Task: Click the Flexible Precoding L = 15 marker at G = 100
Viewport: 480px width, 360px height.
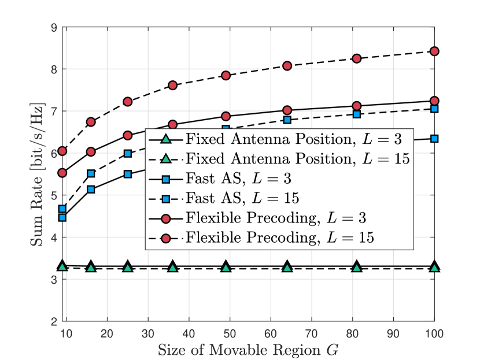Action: [x=434, y=51]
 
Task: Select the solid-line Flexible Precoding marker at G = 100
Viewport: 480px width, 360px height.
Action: [x=434, y=101]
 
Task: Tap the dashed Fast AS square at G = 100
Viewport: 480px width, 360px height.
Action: [x=434, y=109]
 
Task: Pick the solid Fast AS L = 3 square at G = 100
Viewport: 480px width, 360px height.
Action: [x=434, y=139]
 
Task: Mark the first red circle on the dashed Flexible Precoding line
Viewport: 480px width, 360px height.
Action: [x=62, y=151]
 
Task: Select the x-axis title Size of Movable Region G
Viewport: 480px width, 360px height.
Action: [x=248, y=350]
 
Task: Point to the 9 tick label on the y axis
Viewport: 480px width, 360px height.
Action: [x=53, y=27]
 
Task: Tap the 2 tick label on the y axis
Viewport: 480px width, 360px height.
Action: [x=53, y=321]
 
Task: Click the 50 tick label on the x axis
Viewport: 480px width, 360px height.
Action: [x=230, y=333]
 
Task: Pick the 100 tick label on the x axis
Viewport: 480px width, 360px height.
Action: [x=434, y=333]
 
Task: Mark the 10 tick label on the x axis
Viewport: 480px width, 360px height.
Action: [x=67, y=333]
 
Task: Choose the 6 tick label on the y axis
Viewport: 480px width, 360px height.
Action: [x=53, y=153]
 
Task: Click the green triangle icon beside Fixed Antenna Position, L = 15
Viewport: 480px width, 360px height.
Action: [x=164, y=158]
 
